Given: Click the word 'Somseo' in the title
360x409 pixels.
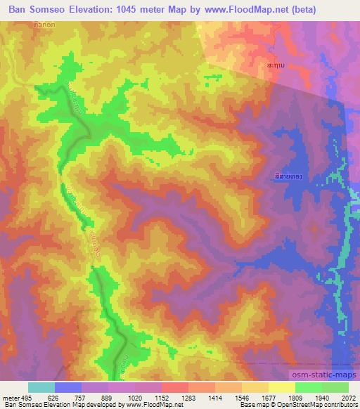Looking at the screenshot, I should click(x=56, y=10).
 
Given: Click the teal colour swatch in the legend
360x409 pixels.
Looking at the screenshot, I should click(x=41, y=387).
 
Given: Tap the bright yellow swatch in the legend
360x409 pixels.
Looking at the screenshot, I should click(x=282, y=387).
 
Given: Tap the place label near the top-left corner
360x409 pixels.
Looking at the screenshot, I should click(x=44, y=24).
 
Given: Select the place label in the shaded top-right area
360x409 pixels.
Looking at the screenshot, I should click(x=276, y=64).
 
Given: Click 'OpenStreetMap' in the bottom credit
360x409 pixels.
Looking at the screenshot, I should click(x=303, y=405).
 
